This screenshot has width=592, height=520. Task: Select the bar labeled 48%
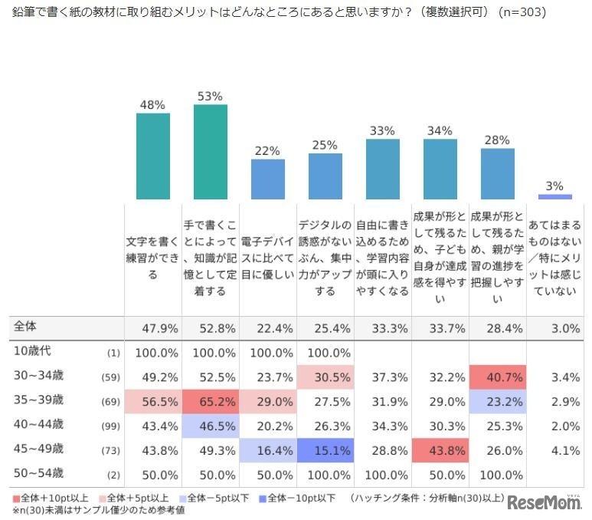click(153, 156)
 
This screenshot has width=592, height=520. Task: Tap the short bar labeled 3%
click(555, 197)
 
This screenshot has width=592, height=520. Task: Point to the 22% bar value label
click(267, 151)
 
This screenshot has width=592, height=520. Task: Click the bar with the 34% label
click(440, 169)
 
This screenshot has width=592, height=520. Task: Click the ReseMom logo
click(545, 502)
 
